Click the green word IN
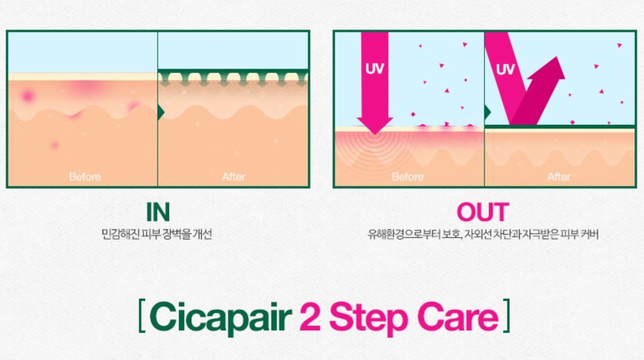tap(158, 212)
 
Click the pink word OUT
tap(483, 212)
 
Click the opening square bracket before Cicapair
tap(142, 316)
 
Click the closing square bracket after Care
tap(506, 316)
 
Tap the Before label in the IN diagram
tap(85, 177)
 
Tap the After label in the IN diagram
tap(234, 177)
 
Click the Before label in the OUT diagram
tap(408, 177)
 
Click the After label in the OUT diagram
tap(559, 177)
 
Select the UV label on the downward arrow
tap(375, 69)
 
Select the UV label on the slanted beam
tap(505, 69)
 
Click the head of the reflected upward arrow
tap(550, 69)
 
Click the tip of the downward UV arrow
tap(375, 134)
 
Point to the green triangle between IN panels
tap(161, 112)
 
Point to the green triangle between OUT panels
tap(488, 112)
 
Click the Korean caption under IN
tap(157, 235)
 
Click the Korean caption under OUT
tap(483, 235)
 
